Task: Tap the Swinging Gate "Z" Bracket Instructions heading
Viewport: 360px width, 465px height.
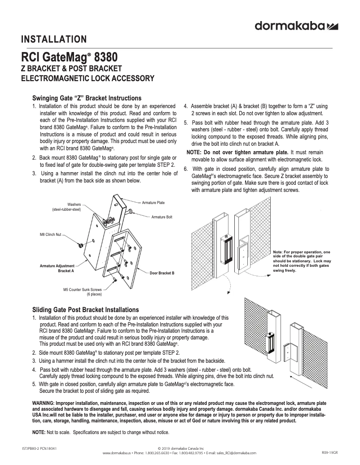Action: (x=87, y=98)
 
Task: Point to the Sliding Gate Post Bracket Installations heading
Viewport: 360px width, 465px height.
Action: (x=86, y=310)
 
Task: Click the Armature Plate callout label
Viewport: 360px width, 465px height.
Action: (x=153, y=203)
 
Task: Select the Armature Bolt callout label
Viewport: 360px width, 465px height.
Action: (x=162, y=217)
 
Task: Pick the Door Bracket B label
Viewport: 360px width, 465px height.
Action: (x=162, y=273)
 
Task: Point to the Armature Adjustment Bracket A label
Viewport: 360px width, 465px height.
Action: (x=57, y=269)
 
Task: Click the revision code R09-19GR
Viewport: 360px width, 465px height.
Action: (x=329, y=452)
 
